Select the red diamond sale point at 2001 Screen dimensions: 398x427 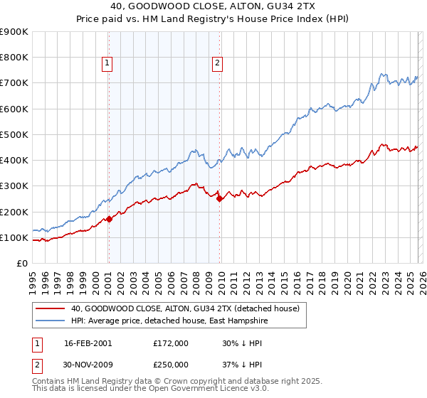point(109,219)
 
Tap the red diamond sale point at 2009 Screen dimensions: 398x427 point(219,199)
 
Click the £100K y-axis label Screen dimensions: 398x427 point(14,237)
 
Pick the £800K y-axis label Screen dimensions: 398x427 point(14,58)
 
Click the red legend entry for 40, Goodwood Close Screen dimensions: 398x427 point(185,308)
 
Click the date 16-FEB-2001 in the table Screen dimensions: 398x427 point(88,343)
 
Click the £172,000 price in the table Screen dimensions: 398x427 point(171,343)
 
